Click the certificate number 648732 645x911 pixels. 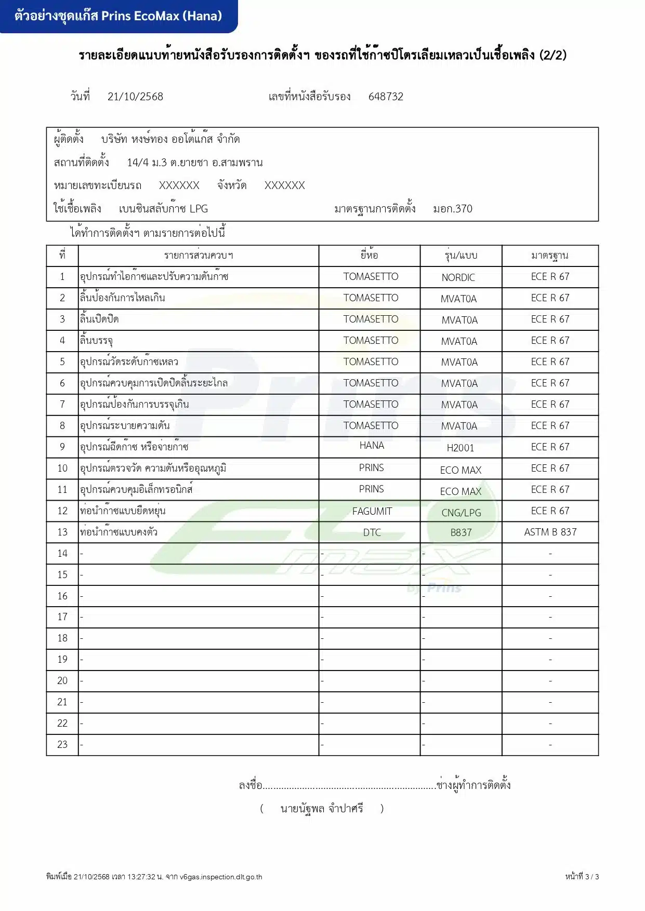pos(386,97)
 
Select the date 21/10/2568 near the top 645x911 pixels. pos(135,97)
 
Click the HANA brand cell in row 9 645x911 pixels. pos(371,446)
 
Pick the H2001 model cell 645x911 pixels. pos(460,448)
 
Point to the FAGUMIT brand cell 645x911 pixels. pos(372,511)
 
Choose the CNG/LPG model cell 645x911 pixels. pos(461,513)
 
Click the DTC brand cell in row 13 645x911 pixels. pos(372,532)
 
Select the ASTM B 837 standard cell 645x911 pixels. pos(550,532)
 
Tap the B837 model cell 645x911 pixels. pos(461,532)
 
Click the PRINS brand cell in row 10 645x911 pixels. pos(371,467)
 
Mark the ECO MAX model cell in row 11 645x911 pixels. pos(460,491)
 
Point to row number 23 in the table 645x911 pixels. pos(62,744)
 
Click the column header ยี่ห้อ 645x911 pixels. pos(369,255)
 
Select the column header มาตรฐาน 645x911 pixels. pos(549,255)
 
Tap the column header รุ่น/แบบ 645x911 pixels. pos(460,255)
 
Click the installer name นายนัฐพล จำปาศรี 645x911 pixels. pos(322,808)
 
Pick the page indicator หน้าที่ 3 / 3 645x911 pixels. pos(582,877)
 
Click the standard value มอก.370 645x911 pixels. pos(453,209)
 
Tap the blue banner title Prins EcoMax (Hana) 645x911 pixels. pos(119,16)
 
